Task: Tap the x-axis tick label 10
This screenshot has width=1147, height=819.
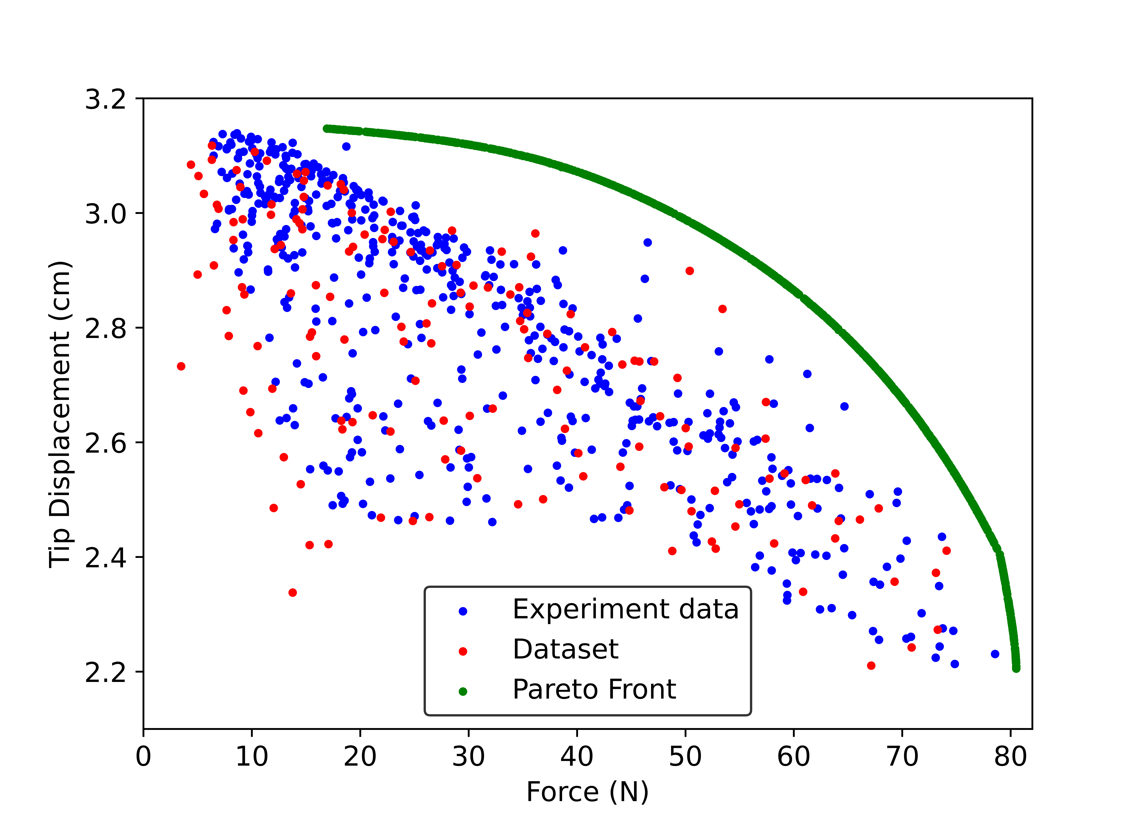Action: (x=252, y=756)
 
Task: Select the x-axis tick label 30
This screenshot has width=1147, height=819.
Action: (x=469, y=756)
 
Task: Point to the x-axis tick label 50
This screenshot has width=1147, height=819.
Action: (x=685, y=756)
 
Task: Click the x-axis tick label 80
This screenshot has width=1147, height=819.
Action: (x=1010, y=756)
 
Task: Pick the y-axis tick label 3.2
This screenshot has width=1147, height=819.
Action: (x=105, y=99)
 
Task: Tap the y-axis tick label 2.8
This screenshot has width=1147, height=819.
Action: (x=105, y=328)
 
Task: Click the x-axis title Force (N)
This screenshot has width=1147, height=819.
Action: (x=588, y=792)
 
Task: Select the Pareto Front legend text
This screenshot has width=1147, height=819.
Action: (x=594, y=689)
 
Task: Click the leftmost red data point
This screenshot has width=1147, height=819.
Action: (x=181, y=366)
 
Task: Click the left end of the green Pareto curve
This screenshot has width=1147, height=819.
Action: (x=327, y=129)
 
